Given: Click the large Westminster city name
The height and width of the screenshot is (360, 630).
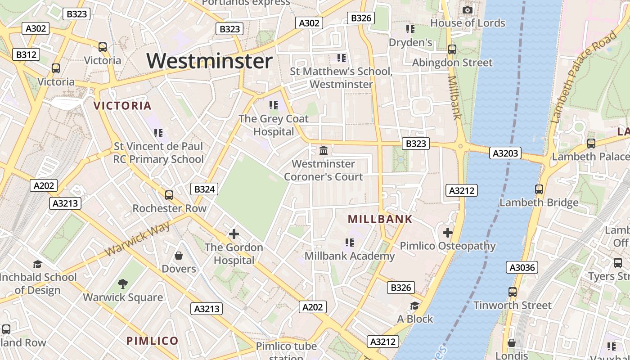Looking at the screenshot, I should coord(210,61).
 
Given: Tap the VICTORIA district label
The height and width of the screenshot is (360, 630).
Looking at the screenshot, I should coord(122,106).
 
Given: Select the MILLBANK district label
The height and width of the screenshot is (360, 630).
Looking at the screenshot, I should coord(380,219).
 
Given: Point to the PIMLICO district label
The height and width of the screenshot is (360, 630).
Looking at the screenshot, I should coord(153,341).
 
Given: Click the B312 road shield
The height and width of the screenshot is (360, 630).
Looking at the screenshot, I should coord(26,55).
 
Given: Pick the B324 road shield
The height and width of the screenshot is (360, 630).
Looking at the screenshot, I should coord(204,189).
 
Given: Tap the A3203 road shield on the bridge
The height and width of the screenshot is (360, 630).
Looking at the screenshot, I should coord(505,153).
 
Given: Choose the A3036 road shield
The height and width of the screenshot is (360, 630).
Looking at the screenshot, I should coord(522,268).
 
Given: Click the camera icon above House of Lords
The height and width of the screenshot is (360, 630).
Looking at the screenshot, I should coord(468,10).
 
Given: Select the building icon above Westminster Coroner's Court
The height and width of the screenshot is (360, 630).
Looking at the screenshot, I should coord(324,150).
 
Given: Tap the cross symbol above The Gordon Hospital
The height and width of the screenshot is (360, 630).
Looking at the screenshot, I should coord(234,234).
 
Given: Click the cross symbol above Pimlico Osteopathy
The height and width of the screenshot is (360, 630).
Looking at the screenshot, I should coord(447,233).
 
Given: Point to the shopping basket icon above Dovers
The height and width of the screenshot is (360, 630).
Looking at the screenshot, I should coord(179,256).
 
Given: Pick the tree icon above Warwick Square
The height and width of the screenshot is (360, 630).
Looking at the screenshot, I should coord(122,284).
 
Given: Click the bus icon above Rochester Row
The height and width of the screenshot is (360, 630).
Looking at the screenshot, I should coord(169,195).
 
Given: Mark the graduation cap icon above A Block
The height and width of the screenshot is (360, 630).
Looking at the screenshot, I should coord(414,306).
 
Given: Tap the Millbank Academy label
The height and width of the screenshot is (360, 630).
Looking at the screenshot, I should coord(350,256).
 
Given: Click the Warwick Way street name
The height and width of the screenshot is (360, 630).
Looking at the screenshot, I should coord(138,239).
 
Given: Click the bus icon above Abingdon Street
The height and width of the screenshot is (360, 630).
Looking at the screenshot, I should coord(452,49).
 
